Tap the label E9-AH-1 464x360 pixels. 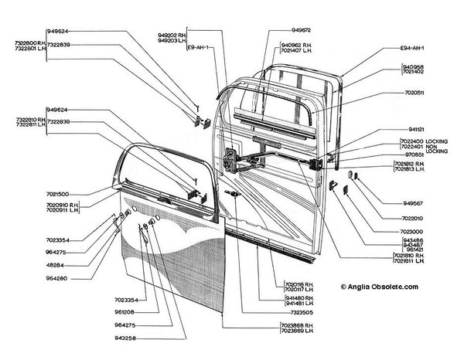[200, 47]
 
